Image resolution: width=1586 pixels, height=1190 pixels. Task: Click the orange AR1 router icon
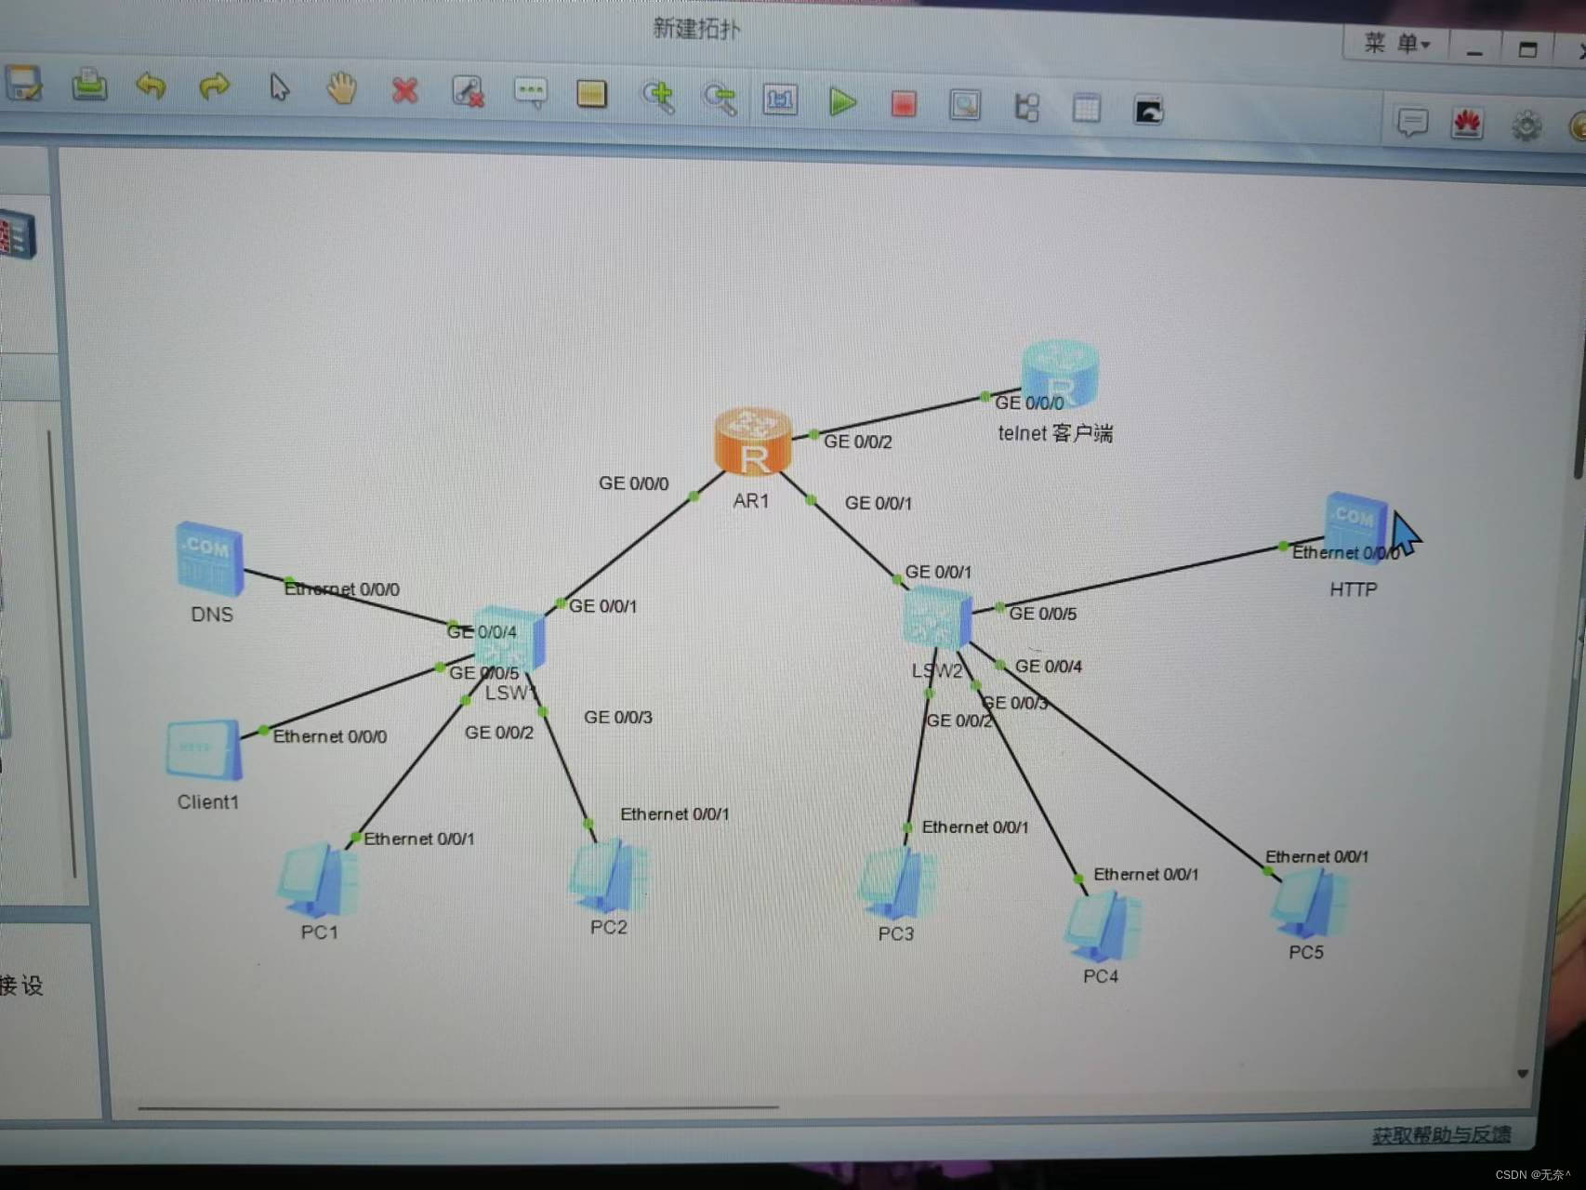[753, 441]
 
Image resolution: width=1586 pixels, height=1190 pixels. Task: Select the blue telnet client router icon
[1060, 372]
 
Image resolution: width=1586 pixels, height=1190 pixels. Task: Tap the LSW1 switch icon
[509, 640]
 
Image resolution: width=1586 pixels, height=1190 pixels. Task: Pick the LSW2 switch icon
[937, 618]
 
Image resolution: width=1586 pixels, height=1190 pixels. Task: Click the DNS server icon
[210, 559]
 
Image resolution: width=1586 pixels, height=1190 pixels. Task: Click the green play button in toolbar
[842, 101]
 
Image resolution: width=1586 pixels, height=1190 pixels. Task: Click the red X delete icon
[404, 91]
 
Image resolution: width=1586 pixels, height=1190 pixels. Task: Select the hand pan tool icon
[341, 89]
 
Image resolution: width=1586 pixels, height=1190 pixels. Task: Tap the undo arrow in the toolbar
[151, 86]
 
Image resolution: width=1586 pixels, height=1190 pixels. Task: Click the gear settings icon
[1526, 126]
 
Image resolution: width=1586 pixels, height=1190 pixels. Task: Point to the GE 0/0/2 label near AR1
[857, 442]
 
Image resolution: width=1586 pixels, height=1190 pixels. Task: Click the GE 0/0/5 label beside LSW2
[1042, 614]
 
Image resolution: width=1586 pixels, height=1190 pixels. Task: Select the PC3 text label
[895, 933]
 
